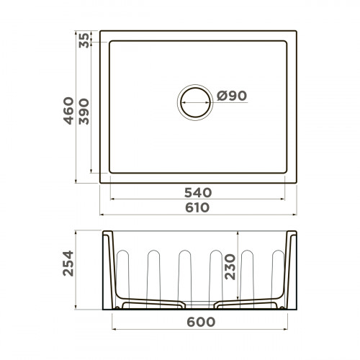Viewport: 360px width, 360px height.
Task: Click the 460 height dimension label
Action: click(69, 111)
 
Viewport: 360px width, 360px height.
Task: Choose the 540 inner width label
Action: click(198, 192)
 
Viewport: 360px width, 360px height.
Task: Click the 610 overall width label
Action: click(198, 207)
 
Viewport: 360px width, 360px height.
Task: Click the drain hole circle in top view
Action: click(195, 102)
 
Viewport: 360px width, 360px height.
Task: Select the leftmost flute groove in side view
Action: click(121, 274)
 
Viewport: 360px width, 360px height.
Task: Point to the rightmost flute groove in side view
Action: click(276, 274)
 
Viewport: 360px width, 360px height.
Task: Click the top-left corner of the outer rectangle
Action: click(100, 31)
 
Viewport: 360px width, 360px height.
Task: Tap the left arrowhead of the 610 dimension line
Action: click(102, 215)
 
